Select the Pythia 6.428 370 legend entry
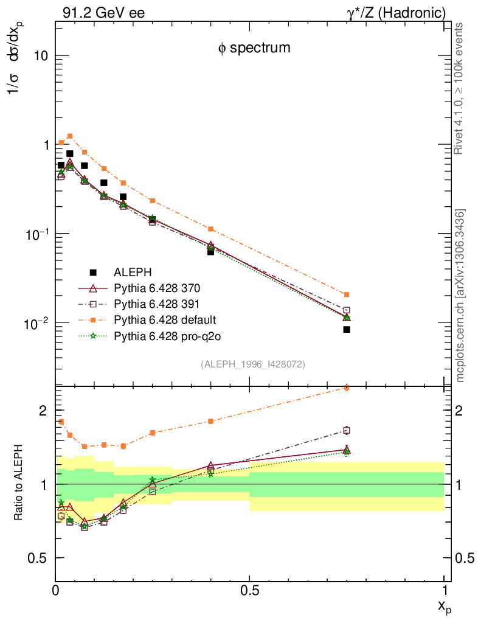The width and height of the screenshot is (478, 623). point(157,288)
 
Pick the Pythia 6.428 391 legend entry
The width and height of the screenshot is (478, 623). point(157,304)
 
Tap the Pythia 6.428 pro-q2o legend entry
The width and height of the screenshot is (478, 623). point(164,335)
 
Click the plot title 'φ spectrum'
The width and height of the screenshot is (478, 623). point(254,48)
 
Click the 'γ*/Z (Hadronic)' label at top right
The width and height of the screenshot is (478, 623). point(396,12)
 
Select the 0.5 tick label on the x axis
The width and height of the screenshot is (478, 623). point(250,590)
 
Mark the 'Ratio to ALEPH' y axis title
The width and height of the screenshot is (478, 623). point(18,484)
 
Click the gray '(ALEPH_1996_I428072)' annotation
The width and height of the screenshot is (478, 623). point(252,364)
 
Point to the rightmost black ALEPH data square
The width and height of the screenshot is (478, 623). point(347,330)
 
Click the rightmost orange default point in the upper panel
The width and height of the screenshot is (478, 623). point(347,294)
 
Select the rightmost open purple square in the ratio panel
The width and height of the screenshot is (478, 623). point(347,430)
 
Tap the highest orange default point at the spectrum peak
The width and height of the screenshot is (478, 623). point(70,136)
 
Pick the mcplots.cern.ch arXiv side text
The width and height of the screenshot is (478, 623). point(460,296)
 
